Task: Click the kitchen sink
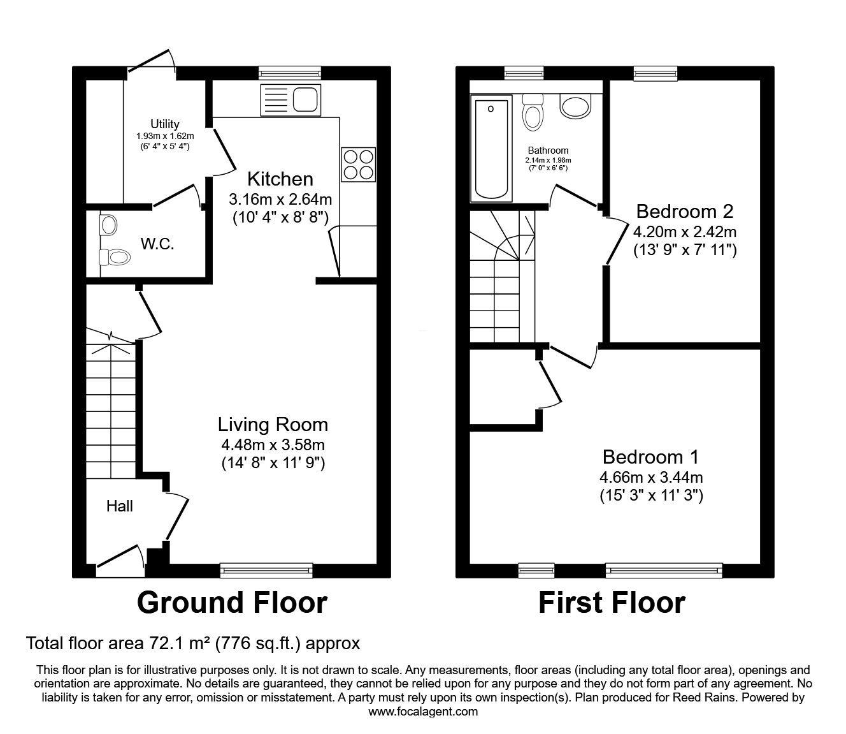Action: click(x=290, y=100)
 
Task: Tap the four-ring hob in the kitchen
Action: click(x=359, y=165)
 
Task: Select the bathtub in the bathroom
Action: click(x=492, y=149)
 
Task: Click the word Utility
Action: click(x=165, y=124)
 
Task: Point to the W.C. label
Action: click(x=157, y=244)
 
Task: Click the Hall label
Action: click(x=120, y=506)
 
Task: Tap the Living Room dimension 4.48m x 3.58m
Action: click(x=273, y=444)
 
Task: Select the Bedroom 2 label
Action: click(x=685, y=212)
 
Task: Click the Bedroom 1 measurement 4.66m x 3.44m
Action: click(x=651, y=478)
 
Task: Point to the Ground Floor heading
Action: click(x=232, y=603)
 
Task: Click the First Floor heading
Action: click(x=612, y=603)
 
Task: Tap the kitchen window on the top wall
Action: click(x=290, y=73)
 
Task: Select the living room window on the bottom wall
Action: click(x=266, y=571)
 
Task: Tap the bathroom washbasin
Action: click(x=576, y=105)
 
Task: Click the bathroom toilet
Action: click(x=533, y=112)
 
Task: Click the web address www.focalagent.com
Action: click(x=423, y=712)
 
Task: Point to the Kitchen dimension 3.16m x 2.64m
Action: click(x=280, y=200)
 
